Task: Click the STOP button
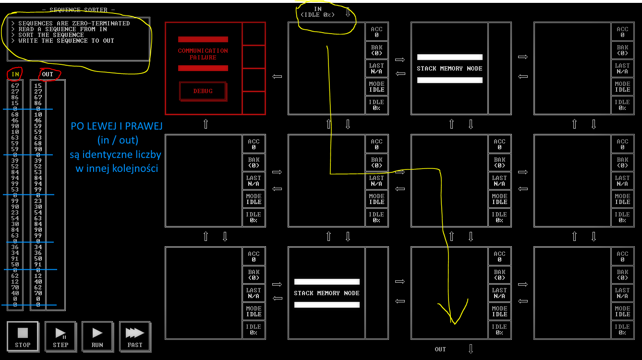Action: [x=23, y=336]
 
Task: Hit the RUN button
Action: [x=97, y=336]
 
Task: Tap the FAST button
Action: [x=134, y=336]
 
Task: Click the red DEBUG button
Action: [x=203, y=91]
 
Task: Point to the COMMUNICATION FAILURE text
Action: [x=203, y=54]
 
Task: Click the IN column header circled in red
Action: [x=15, y=74]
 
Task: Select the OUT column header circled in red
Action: [x=48, y=74]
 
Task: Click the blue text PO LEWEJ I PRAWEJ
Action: [x=117, y=126]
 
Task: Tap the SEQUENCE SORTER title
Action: [x=82, y=10]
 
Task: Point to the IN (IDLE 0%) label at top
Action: [x=318, y=12]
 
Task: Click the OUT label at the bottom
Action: [x=440, y=349]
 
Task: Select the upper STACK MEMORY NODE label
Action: [x=449, y=69]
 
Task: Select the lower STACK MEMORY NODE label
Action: [x=327, y=293]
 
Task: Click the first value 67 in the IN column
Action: [x=15, y=86]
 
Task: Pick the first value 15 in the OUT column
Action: [x=38, y=86]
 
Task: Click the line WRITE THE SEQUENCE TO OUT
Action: [x=66, y=41]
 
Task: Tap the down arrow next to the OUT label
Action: [x=471, y=349]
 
